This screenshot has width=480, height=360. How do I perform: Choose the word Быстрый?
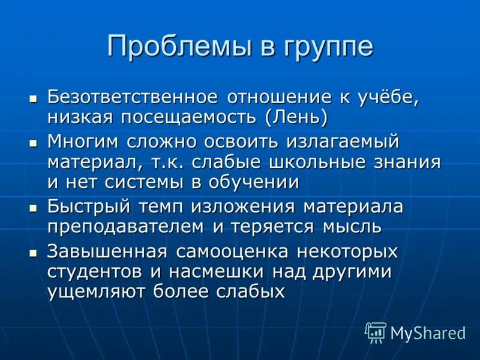(x=88, y=207)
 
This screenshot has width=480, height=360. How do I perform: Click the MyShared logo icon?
(x=376, y=332)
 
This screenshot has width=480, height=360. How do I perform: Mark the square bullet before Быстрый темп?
(x=34, y=207)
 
